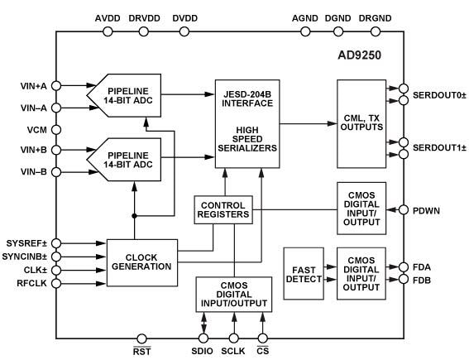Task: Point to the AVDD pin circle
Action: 107,32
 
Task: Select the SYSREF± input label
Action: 27,243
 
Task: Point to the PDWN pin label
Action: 428,210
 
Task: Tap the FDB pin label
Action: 422,281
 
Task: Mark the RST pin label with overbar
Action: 142,350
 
